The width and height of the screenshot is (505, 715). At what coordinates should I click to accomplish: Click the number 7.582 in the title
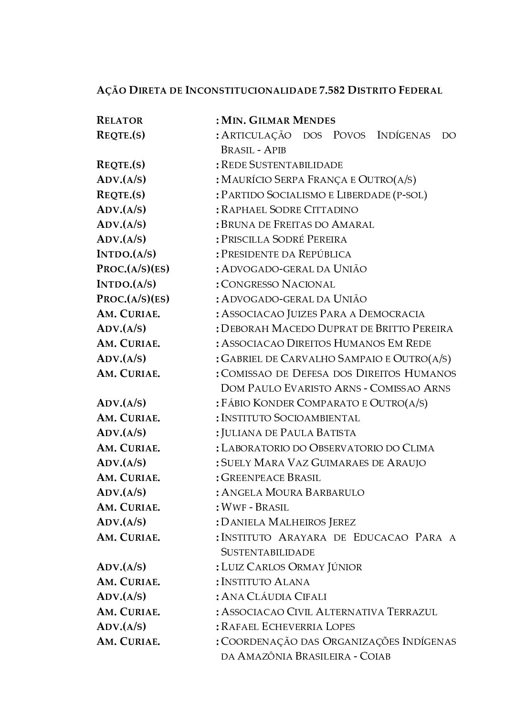pyautogui.click(x=332, y=90)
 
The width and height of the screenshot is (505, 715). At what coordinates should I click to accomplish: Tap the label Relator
pyautogui.click(x=119, y=120)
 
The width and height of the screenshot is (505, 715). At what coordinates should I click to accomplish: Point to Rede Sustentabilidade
pyautogui.click(x=282, y=165)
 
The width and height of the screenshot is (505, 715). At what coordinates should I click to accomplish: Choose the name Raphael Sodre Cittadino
pyautogui.click(x=289, y=210)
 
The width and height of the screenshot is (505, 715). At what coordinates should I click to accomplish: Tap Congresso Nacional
pyautogui.click(x=278, y=284)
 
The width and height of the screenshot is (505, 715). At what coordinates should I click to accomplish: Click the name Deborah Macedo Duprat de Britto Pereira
pyautogui.click(x=337, y=329)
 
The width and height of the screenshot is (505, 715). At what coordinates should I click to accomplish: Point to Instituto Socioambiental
pyautogui.click(x=290, y=418)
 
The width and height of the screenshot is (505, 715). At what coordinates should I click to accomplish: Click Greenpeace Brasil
pyautogui.click(x=271, y=478)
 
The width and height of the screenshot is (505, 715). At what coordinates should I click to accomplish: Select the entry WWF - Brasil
pyautogui.click(x=255, y=507)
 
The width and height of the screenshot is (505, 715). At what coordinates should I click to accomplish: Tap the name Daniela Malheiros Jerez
pyautogui.click(x=288, y=522)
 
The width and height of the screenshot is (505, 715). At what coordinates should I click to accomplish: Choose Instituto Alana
pyautogui.click(x=265, y=582)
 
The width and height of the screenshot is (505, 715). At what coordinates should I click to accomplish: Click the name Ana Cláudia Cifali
pyautogui.click(x=274, y=597)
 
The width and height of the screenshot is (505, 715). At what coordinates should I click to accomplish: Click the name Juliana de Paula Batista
pyautogui.click(x=288, y=433)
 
